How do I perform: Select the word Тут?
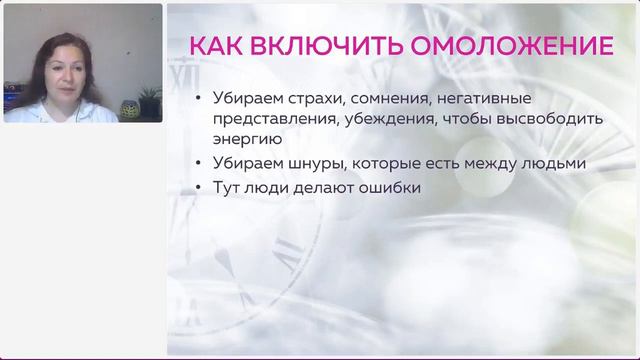click(229, 186)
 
